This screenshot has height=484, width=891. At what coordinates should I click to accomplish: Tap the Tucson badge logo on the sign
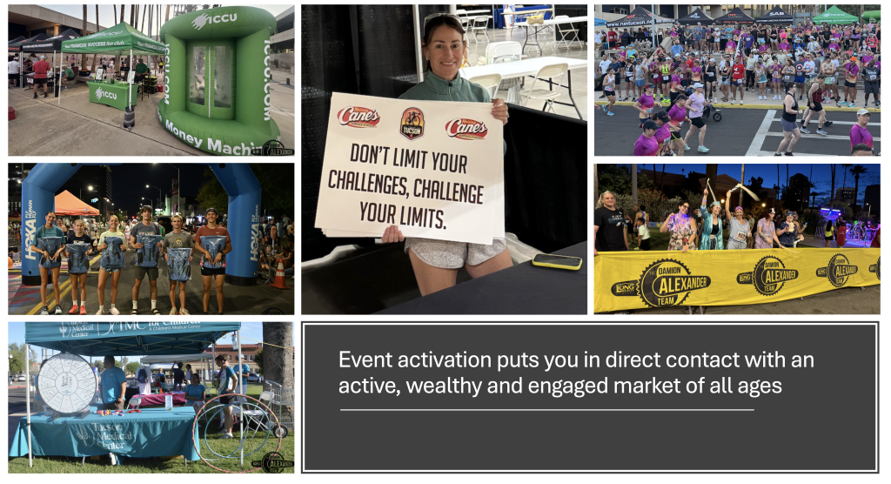tap(412, 123)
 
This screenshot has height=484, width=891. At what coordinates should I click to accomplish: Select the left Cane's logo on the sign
tap(358, 117)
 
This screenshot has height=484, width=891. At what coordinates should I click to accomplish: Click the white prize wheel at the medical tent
tap(66, 383)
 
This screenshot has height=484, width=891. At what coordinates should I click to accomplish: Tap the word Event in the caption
tap(362, 360)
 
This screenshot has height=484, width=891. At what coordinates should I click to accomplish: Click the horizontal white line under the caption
tap(546, 409)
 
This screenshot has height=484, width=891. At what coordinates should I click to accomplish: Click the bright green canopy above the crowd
tap(834, 14)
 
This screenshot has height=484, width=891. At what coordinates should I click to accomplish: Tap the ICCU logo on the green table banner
tap(106, 93)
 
